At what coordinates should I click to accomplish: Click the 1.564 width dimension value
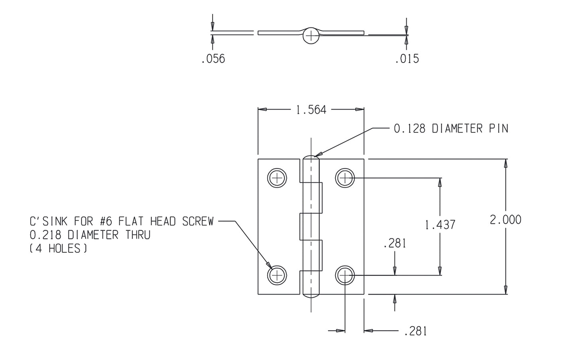pyautogui.click(x=311, y=110)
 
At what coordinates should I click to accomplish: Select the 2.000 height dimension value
pyautogui.click(x=505, y=220)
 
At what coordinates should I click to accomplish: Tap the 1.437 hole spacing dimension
pyautogui.click(x=440, y=225)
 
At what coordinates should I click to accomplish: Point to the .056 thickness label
pyautogui.click(x=213, y=59)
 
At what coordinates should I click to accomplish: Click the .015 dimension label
pyautogui.click(x=407, y=59)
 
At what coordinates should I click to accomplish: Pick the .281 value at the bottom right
pyautogui.click(x=415, y=331)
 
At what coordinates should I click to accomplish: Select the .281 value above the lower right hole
pyautogui.click(x=394, y=244)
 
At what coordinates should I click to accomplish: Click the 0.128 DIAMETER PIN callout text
pyautogui.click(x=451, y=129)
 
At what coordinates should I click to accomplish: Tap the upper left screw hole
pyautogui.click(x=277, y=178)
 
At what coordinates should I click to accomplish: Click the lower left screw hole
pyautogui.click(x=277, y=275)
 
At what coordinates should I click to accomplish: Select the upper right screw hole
pyautogui.click(x=345, y=178)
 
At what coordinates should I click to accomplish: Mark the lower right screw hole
pyautogui.click(x=345, y=275)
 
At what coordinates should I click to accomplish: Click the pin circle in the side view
pyautogui.click(x=311, y=36)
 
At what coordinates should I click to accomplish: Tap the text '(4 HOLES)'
pyautogui.click(x=58, y=249)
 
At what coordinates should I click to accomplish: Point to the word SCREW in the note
pyautogui.click(x=198, y=222)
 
